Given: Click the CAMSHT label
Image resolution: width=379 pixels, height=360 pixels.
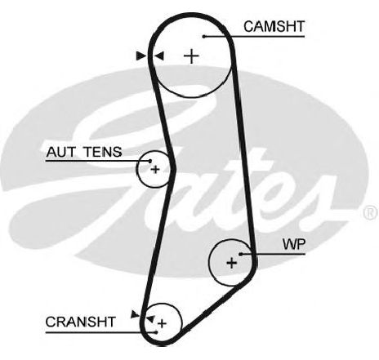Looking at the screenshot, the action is (x=274, y=27).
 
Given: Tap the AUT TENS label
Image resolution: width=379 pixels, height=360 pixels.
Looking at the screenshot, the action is (x=84, y=152).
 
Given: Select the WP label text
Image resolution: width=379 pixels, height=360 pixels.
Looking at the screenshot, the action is (x=294, y=244).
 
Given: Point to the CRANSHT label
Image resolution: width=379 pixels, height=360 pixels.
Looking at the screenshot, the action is (x=81, y=322).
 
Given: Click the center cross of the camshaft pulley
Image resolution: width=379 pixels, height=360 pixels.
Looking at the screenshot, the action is (x=191, y=56).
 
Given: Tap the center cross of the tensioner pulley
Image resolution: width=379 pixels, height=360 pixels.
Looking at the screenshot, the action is (x=155, y=170).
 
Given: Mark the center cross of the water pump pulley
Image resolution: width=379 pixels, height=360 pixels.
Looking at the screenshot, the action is (x=232, y=263).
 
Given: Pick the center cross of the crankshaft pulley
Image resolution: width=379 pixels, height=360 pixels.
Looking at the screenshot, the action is (x=162, y=323).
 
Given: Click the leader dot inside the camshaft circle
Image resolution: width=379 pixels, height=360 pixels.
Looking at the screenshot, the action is (x=204, y=36).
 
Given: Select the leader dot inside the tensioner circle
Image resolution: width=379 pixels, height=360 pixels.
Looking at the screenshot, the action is (x=150, y=161).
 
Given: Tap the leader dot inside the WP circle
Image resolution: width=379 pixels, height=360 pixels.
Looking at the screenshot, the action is (x=241, y=254).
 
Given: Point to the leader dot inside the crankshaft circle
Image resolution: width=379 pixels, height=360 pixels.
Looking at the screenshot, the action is (x=156, y=332).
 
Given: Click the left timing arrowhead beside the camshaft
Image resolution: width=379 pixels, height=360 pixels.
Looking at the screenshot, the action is (x=141, y=56).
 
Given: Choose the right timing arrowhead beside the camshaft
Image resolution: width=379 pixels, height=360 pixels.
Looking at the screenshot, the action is (x=159, y=56).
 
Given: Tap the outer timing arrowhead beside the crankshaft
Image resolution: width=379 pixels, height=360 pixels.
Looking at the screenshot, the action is (x=135, y=314).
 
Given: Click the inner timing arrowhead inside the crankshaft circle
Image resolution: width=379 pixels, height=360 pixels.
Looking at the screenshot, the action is (x=150, y=319).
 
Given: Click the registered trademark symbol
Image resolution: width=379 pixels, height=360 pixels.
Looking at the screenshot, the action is (x=371, y=212).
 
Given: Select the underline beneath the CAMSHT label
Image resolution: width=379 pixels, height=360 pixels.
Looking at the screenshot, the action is (x=254, y=36).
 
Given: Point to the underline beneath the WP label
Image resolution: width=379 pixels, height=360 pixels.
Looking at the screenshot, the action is (x=273, y=254).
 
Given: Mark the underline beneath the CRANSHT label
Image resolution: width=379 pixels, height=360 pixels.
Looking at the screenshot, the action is (x=100, y=332).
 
